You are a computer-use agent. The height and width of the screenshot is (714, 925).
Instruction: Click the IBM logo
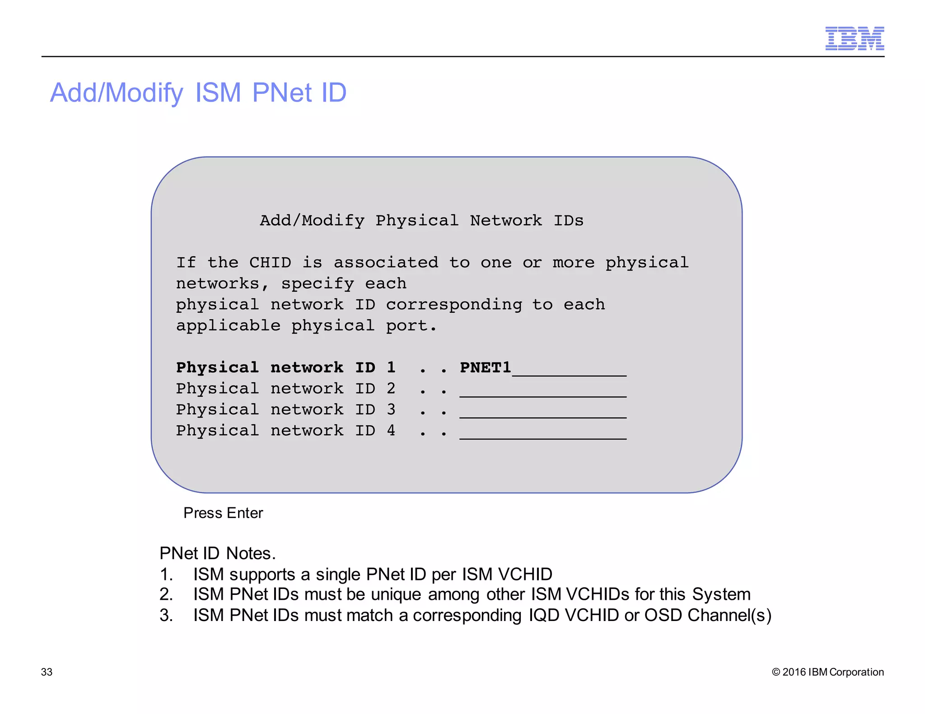[x=854, y=38]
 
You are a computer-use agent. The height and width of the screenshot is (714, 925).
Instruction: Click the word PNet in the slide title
[x=281, y=93]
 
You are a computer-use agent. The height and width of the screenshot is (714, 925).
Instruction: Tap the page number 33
[x=47, y=672]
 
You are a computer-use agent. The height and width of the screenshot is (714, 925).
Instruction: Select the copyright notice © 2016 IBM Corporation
[x=827, y=672]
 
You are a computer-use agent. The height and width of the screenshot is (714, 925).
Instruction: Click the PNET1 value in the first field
[x=485, y=368]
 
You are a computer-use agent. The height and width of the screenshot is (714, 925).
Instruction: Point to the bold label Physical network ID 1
[x=285, y=368]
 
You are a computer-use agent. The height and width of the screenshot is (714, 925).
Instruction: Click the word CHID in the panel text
[x=270, y=263]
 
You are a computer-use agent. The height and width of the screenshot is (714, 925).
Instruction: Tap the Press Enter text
[x=223, y=513]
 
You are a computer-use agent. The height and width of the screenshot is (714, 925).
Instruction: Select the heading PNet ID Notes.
[x=217, y=553]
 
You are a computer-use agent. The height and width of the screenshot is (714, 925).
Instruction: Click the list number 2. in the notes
[x=166, y=594]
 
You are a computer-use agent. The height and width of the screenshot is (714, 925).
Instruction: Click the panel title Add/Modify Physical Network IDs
[x=421, y=221]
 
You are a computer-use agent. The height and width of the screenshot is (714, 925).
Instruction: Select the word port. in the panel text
[x=411, y=326]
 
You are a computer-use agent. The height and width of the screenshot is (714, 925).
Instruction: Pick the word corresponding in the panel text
[x=454, y=305]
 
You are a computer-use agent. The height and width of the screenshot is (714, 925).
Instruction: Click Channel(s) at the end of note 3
[x=729, y=616]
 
